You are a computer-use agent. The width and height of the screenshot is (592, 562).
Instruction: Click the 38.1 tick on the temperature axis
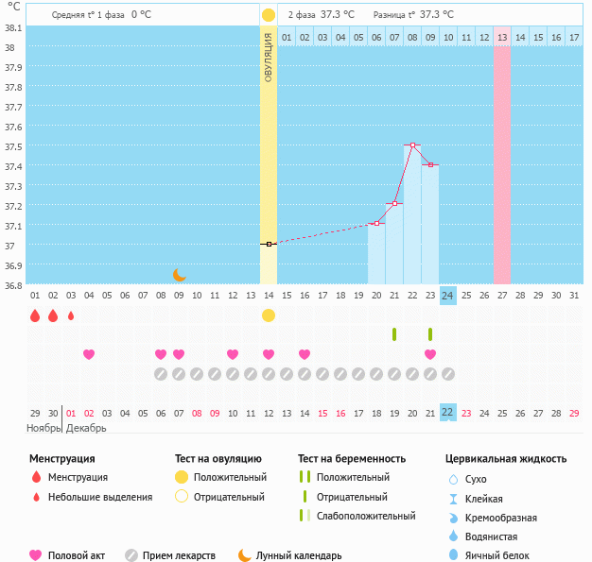[x=13, y=27]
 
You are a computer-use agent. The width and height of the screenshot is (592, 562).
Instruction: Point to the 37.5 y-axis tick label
[x=13, y=146]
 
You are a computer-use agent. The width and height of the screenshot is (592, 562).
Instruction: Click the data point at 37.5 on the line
[x=412, y=145]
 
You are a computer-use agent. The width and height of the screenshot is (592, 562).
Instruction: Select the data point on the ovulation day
[x=269, y=244]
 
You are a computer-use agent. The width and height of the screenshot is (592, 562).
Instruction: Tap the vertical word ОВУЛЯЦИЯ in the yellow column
[x=269, y=57]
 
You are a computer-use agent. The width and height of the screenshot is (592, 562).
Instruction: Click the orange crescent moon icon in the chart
[x=180, y=275]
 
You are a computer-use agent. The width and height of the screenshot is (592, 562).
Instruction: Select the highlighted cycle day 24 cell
[x=448, y=296]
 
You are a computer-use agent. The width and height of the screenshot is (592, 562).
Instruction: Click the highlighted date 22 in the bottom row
[x=448, y=413]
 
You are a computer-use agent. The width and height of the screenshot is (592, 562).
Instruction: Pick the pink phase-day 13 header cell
[x=502, y=37]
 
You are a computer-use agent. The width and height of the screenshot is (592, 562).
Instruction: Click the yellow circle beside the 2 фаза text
[x=269, y=15]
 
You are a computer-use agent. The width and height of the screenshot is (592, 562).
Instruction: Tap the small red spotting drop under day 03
[x=71, y=315]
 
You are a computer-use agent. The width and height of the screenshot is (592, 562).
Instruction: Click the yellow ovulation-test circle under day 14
[x=269, y=315]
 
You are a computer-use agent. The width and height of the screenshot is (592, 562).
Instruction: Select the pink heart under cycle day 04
[x=89, y=354]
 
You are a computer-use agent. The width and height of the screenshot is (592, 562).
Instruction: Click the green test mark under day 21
[x=430, y=334]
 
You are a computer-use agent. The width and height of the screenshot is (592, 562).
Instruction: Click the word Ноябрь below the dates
[x=44, y=428]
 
